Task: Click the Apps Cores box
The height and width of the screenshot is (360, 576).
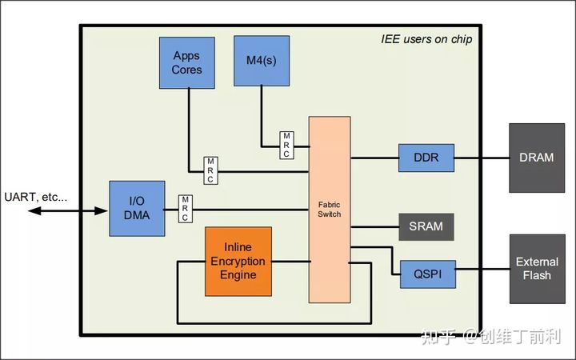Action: (x=187, y=63)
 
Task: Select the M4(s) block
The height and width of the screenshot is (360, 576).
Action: (x=262, y=61)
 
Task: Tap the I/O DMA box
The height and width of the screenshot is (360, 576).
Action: (x=137, y=208)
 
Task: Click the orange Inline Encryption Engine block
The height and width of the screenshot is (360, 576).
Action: (x=238, y=261)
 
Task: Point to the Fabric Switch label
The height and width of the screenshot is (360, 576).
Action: (x=329, y=210)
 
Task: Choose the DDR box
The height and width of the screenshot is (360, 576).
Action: (x=426, y=158)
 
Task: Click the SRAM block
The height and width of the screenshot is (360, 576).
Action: (x=426, y=226)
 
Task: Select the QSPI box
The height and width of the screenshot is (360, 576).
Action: (x=428, y=274)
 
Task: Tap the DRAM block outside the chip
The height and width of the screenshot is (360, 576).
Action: (x=537, y=158)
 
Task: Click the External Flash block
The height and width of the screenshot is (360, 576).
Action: (x=538, y=269)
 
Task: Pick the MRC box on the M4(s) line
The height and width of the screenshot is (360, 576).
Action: (x=286, y=145)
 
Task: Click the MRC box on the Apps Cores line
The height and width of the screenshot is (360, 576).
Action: (x=211, y=170)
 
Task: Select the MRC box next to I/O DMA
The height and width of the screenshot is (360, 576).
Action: (x=186, y=209)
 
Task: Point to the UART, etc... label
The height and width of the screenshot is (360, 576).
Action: (x=36, y=198)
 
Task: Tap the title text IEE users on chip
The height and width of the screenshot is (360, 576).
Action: (x=426, y=39)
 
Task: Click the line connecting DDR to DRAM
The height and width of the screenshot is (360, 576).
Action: (x=482, y=158)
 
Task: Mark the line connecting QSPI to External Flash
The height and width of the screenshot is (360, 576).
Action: (x=482, y=269)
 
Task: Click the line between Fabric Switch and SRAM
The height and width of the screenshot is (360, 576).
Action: (x=374, y=227)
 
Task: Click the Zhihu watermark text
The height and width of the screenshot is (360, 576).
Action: (x=491, y=336)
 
